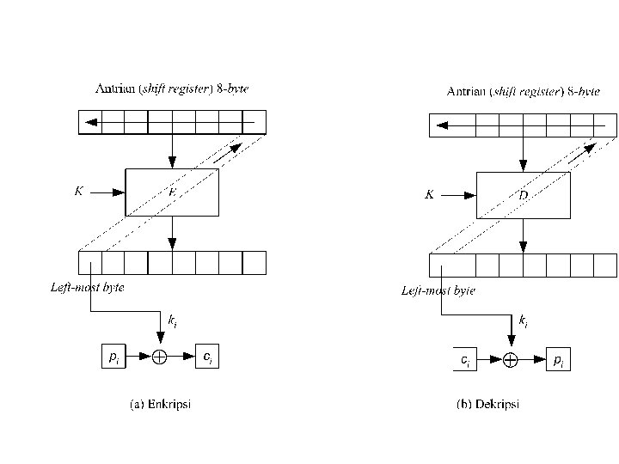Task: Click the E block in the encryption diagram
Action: tap(172, 192)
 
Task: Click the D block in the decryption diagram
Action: tap(523, 195)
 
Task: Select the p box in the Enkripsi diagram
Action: tap(113, 357)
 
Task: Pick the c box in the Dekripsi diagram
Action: tap(464, 360)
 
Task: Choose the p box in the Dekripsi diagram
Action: tap(559, 360)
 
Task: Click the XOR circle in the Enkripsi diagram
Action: tap(159, 357)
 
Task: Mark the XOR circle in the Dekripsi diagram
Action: tap(510, 360)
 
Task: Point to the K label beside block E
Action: tap(78, 192)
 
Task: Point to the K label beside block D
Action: tap(429, 195)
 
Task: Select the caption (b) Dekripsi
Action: tap(487, 405)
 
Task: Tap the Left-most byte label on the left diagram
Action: tap(87, 288)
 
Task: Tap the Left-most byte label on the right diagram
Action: tap(438, 291)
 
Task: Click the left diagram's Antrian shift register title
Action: tap(172, 89)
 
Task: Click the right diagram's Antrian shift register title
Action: tap(524, 91)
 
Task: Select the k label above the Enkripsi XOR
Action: tap(173, 321)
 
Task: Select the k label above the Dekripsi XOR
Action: tap(524, 321)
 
